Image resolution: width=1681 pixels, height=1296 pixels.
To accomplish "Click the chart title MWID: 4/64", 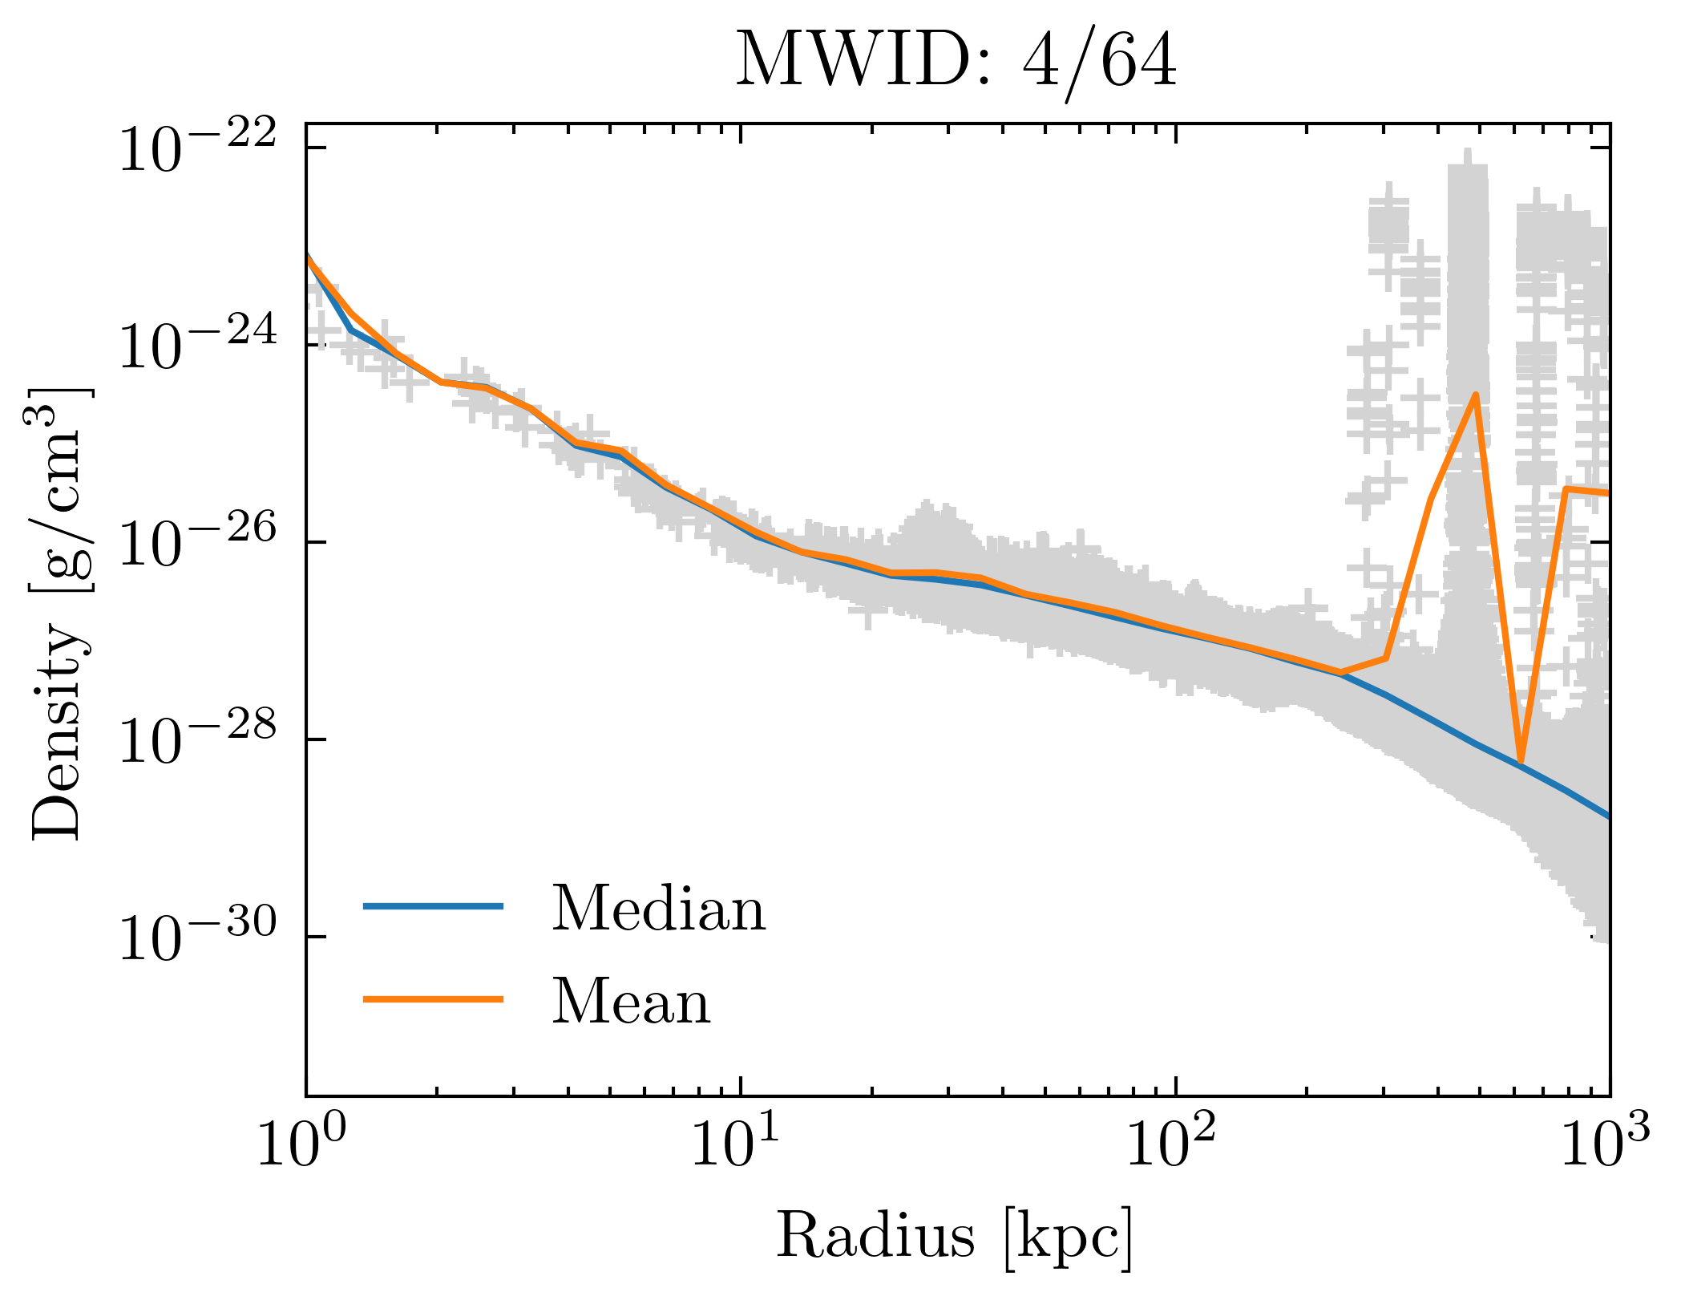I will [956, 62].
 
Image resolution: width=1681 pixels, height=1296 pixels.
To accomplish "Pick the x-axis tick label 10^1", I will [735, 1146].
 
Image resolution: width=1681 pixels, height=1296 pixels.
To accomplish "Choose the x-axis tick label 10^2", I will [1172, 1146].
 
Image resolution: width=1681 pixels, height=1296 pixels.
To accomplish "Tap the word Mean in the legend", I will [631, 1002].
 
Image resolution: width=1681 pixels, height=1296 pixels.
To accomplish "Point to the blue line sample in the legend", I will [433, 906].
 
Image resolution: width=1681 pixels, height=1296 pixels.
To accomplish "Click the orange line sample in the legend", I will [433, 999].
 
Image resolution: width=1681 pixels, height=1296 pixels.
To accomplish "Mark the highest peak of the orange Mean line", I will [1475, 395].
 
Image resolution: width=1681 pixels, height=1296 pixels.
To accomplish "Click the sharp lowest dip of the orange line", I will [1520, 760].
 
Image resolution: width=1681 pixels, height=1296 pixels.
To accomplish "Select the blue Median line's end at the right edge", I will [1606, 816].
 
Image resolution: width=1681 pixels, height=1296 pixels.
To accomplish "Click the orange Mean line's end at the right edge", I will [1606, 492].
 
